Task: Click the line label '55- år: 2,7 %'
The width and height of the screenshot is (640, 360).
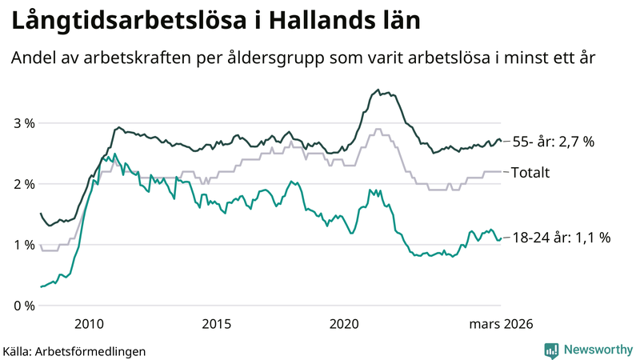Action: [553, 142]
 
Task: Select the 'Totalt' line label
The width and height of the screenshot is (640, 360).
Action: [530, 172]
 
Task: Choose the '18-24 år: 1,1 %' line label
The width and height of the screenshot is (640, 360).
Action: [561, 238]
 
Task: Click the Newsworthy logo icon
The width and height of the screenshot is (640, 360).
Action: [551, 350]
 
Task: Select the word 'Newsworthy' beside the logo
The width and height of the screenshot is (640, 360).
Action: [596, 350]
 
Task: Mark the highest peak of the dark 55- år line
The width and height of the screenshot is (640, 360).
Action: [377, 90]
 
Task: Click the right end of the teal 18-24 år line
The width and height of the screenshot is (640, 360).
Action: [501, 238]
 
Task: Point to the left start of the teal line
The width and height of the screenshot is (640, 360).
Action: [40, 286]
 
